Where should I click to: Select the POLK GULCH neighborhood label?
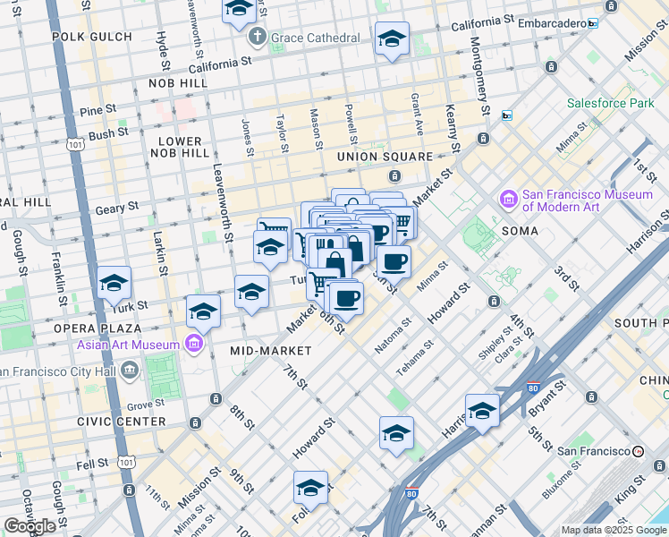pos(92,37)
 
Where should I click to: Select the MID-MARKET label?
pos(270,351)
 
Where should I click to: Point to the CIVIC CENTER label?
pos(121,421)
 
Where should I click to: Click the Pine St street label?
pos(98,110)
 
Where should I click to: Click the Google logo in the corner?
pos(30,526)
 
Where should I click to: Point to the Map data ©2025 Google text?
pos(614,530)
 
